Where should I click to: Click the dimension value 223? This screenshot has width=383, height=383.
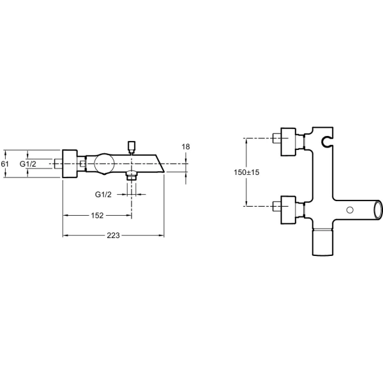[x=114, y=236]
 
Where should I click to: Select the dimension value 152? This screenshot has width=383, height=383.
[x=97, y=216]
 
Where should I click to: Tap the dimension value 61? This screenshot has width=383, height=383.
[x=4, y=163]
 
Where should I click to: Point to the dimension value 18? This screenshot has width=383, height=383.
[x=186, y=147]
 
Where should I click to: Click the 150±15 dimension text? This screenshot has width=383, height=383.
[x=246, y=172]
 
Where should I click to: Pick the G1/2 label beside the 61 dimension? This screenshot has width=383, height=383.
[x=28, y=164]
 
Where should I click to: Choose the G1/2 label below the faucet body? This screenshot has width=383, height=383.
[x=103, y=195]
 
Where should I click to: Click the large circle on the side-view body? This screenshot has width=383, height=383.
[x=104, y=163]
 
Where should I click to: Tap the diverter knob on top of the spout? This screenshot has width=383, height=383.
[x=131, y=146]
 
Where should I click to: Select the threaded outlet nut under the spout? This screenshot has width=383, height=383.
[x=131, y=176]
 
